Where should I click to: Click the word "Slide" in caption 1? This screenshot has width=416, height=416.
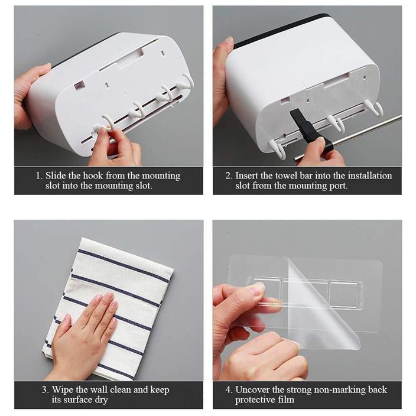tap(55, 175)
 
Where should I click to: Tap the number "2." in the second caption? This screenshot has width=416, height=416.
tap(229, 175)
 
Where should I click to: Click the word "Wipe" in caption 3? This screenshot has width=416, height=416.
tap(63, 390)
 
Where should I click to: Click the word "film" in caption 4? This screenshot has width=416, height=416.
tap(288, 399)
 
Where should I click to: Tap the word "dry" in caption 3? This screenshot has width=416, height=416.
tap(102, 400)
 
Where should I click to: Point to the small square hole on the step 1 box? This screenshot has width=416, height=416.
tap(79, 85)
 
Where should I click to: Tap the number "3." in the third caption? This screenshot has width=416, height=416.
tap(45, 390)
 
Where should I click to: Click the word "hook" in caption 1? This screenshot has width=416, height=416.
tap(93, 175)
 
